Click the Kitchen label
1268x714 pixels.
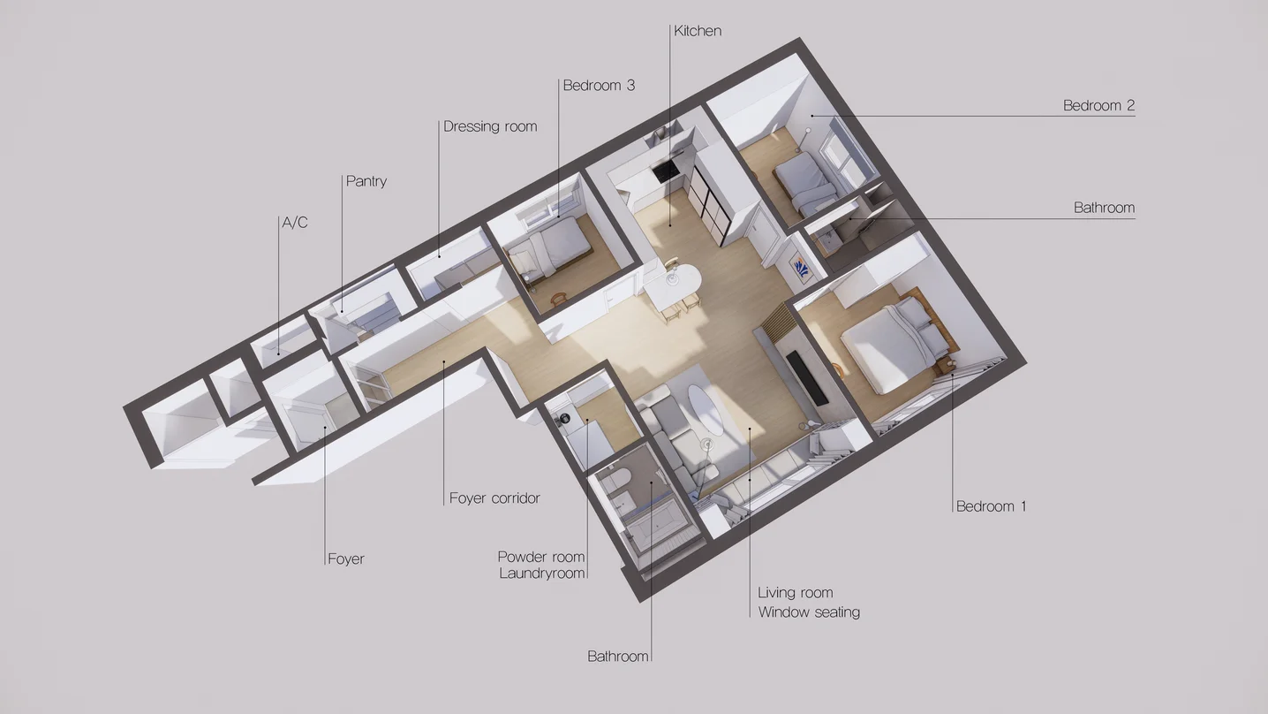point(698,31)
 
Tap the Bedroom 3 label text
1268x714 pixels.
point(599,86)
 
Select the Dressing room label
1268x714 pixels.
point(490,126)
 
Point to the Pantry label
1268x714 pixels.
point(366,181)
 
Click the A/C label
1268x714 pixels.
point(295,223)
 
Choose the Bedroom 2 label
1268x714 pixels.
point(1098,105)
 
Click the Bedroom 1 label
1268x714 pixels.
point(992,506)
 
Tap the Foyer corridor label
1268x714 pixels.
point(494,498)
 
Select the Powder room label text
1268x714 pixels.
point(541,557)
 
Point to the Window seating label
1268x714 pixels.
point(809,612)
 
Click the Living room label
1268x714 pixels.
point(796,593)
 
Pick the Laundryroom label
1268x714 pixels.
point(542,573)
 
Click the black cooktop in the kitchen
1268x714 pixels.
point(666,170)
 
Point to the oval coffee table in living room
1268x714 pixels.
point(706,410)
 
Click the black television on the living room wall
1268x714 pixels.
point(807,377)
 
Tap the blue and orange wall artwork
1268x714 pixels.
point(801,269)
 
